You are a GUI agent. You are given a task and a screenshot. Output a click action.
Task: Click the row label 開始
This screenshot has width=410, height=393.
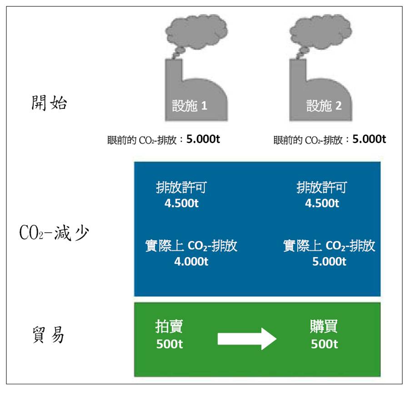[49, 103]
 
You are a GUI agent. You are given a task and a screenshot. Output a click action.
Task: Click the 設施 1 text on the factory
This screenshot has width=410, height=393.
[190, 106]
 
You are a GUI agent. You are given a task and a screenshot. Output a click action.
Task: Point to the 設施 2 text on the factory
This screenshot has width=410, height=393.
[324, 106]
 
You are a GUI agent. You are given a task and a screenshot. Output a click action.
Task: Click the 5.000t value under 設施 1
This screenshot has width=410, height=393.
[203, 139]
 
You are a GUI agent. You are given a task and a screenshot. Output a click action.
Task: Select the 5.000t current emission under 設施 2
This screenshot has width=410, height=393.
[369, 139]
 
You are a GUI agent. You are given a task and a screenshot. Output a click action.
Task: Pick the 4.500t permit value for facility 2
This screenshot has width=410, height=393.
[322, 203]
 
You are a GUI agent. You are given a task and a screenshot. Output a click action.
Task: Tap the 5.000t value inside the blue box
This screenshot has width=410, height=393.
[329, 262]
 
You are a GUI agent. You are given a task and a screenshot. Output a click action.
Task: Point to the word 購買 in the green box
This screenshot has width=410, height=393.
[325, 327]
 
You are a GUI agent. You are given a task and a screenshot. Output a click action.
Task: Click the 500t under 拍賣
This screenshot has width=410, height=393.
[170, 344]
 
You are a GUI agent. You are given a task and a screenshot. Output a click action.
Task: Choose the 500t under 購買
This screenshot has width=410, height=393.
[325, 344]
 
